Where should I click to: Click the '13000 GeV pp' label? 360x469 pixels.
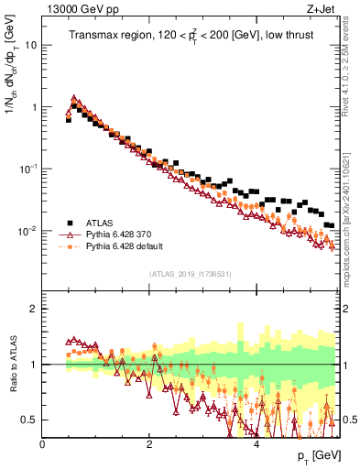click(77, 10)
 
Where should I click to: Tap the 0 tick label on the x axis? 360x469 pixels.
click(43, 444)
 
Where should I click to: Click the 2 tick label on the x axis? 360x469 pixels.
click(149, 444)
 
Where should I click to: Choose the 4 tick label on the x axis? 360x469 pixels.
click(256, 444)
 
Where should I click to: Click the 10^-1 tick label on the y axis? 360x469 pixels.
click(27, 169)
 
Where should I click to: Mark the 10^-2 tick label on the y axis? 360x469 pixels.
click(27, 231)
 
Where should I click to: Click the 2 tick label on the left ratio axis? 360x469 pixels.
click(34, 309)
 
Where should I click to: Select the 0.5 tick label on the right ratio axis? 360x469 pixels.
click(349, 420)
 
